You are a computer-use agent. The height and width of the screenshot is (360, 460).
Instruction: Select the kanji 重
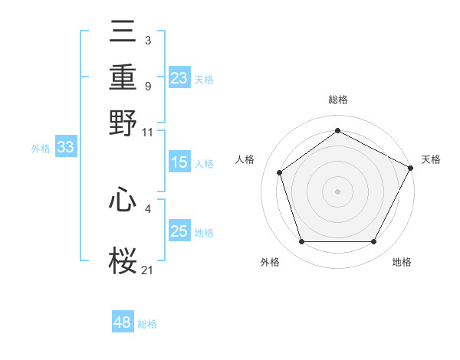pos(123,79)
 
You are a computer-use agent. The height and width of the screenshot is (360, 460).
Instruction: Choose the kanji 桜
pos(123,261)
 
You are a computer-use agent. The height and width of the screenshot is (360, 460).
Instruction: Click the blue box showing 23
pos(179,77)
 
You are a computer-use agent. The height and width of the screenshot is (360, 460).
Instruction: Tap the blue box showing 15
pos(179,162)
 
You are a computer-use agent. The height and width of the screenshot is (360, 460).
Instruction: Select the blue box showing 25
pos(179,232)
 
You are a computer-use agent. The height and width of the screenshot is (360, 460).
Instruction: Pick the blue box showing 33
pos(65,148)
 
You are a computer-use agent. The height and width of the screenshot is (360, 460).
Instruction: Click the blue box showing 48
pos(123,322)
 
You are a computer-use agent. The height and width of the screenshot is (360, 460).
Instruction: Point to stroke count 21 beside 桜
pos(148,269)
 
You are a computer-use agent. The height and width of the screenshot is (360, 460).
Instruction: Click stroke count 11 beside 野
pos(148,132)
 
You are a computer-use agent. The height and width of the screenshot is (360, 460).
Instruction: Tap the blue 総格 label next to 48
pos(147,324)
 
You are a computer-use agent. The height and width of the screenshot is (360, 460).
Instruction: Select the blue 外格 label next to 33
pos(41,149)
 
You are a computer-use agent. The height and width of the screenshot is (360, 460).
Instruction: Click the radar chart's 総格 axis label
pos(337,100)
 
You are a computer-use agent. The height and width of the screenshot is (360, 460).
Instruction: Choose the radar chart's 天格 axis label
pos(432,159)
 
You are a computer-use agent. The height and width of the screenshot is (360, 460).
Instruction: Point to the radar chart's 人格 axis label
pos(245,159)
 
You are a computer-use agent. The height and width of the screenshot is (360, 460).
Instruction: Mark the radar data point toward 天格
pos(412,167)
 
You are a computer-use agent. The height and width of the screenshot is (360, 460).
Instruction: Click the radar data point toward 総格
pos(337,131)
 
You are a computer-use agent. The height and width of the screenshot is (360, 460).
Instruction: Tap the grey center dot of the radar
pos(337,191)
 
